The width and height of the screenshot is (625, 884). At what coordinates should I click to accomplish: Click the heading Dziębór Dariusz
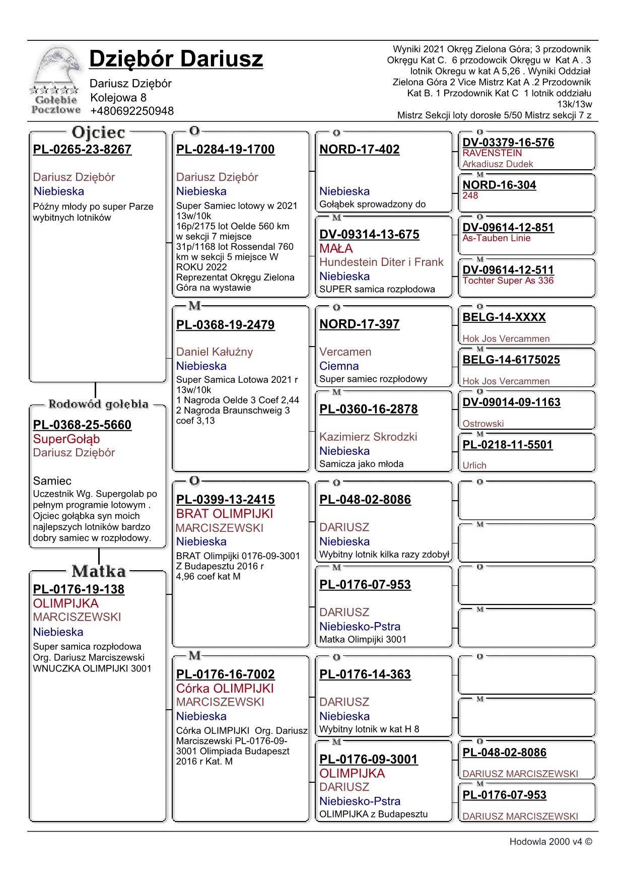pyautogui.click(x=176, y=59)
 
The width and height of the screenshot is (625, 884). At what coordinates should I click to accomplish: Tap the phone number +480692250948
pyautogui.click(x=132, y=111)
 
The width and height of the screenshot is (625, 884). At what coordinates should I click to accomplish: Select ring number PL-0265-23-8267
pyautogui.click(x=82, y=150)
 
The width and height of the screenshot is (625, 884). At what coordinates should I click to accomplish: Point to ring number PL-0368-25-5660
pyautogui.click(x=82, y=425)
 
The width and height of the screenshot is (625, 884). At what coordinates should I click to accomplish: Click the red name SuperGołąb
pyautogui.click(x=66, y=439)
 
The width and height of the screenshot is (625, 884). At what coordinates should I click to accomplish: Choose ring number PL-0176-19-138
pyautogui.click(x=79, y=589)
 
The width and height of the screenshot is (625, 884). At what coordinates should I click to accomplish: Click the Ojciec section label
pyautogui.click(x=98, y=133)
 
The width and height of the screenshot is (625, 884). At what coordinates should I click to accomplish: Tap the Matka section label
pyautogui.click(x=99, y=571)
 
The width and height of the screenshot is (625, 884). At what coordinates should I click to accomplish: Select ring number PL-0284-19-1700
pyautogui.click(x=226, y=150)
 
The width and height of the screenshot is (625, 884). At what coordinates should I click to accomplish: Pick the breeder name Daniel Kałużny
pyautogui.click(x=215, y=352)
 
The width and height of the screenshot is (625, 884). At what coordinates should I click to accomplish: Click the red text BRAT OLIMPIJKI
pyautogui.click(x=225, y=514)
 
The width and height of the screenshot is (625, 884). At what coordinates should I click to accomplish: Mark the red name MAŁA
pyautogui.click(x=336, y=249)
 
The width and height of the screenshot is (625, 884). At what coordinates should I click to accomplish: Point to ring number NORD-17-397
pyautogui.click(x=360, y=324)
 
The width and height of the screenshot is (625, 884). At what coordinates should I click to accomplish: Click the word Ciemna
pyautogui.click(x=339, y=366)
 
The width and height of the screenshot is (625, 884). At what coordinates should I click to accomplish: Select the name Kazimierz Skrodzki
pyautogui.click(x=368, y=437)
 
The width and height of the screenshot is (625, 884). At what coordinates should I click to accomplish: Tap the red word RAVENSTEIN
pyautogui.click(x=492, y=153)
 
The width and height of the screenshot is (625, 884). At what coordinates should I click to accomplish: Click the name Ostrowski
pyautogui.click(x=483, y=424)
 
